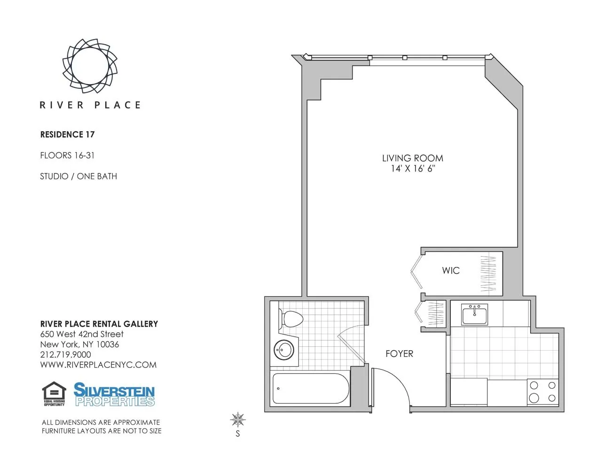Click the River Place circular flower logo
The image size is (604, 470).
pos(90,66)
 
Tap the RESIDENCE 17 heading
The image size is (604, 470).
pos(67,134)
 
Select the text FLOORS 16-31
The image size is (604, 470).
pos(67,155)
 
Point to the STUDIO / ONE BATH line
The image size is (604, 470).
pos(78,176)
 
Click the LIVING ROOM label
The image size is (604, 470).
pos(412,158)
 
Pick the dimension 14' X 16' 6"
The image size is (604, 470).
pos(413,169)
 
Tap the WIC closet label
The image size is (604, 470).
pos(450,270)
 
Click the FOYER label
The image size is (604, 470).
pos(399,353)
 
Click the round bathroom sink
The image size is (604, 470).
pos(284,350)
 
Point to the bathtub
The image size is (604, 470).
pos(310,389)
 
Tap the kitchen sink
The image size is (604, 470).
pos(474,314)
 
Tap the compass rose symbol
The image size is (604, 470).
pos(238,419)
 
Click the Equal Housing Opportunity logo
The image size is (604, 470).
pos(54,394)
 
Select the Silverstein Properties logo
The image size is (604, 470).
pos(114,394)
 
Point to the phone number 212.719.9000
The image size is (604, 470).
pos(65,354)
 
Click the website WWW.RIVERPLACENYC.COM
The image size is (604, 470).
pos(98,365)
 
